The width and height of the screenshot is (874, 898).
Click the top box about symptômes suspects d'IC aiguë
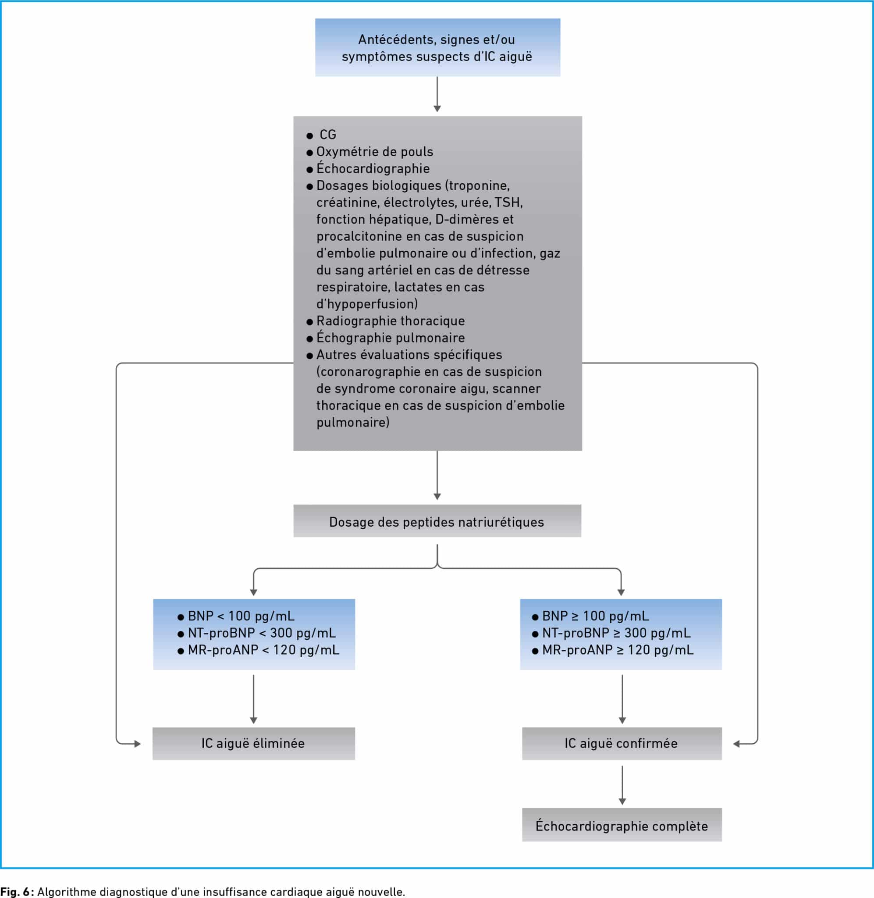pyautogui.click(x=437, y=47)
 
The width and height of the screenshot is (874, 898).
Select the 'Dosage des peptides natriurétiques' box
pyautogui.click(x=437, y=521)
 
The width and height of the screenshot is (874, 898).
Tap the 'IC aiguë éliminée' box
pyautogui.click(x=253, y=743)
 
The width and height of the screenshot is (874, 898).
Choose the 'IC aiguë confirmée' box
pyautogui.click(x=622, y=743)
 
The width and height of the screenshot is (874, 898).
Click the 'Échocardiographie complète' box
pyautogui.click(x=622, y=826)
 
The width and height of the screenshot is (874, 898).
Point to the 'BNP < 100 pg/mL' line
pyautogui.click(x=241, y=616)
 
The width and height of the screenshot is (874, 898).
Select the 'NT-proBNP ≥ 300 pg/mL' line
pyautogui.click(x=616, y=633)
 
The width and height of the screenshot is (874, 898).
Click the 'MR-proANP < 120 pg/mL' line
pyautogui.click(x=263, y=650)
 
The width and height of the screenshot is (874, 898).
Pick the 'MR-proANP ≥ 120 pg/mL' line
pyautogui.click(x=618, y=650)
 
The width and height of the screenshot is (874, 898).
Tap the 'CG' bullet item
pyautogui.click(x=328, y=135)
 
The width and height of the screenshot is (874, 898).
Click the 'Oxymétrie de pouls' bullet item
pyautogui.click(x=375, y=152)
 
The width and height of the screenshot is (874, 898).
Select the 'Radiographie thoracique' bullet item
pyautogui.click(x=390, y=321)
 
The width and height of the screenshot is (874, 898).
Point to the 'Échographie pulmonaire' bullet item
pyautogui.click(x=390, y=338)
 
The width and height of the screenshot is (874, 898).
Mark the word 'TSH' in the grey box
pyautogui.click(x=508, y=203)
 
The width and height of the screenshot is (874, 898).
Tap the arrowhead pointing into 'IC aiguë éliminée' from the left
pyautogui.click(x=137, y=744)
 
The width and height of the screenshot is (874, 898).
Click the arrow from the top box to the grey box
pyautogui.click(x=437, y=94)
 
